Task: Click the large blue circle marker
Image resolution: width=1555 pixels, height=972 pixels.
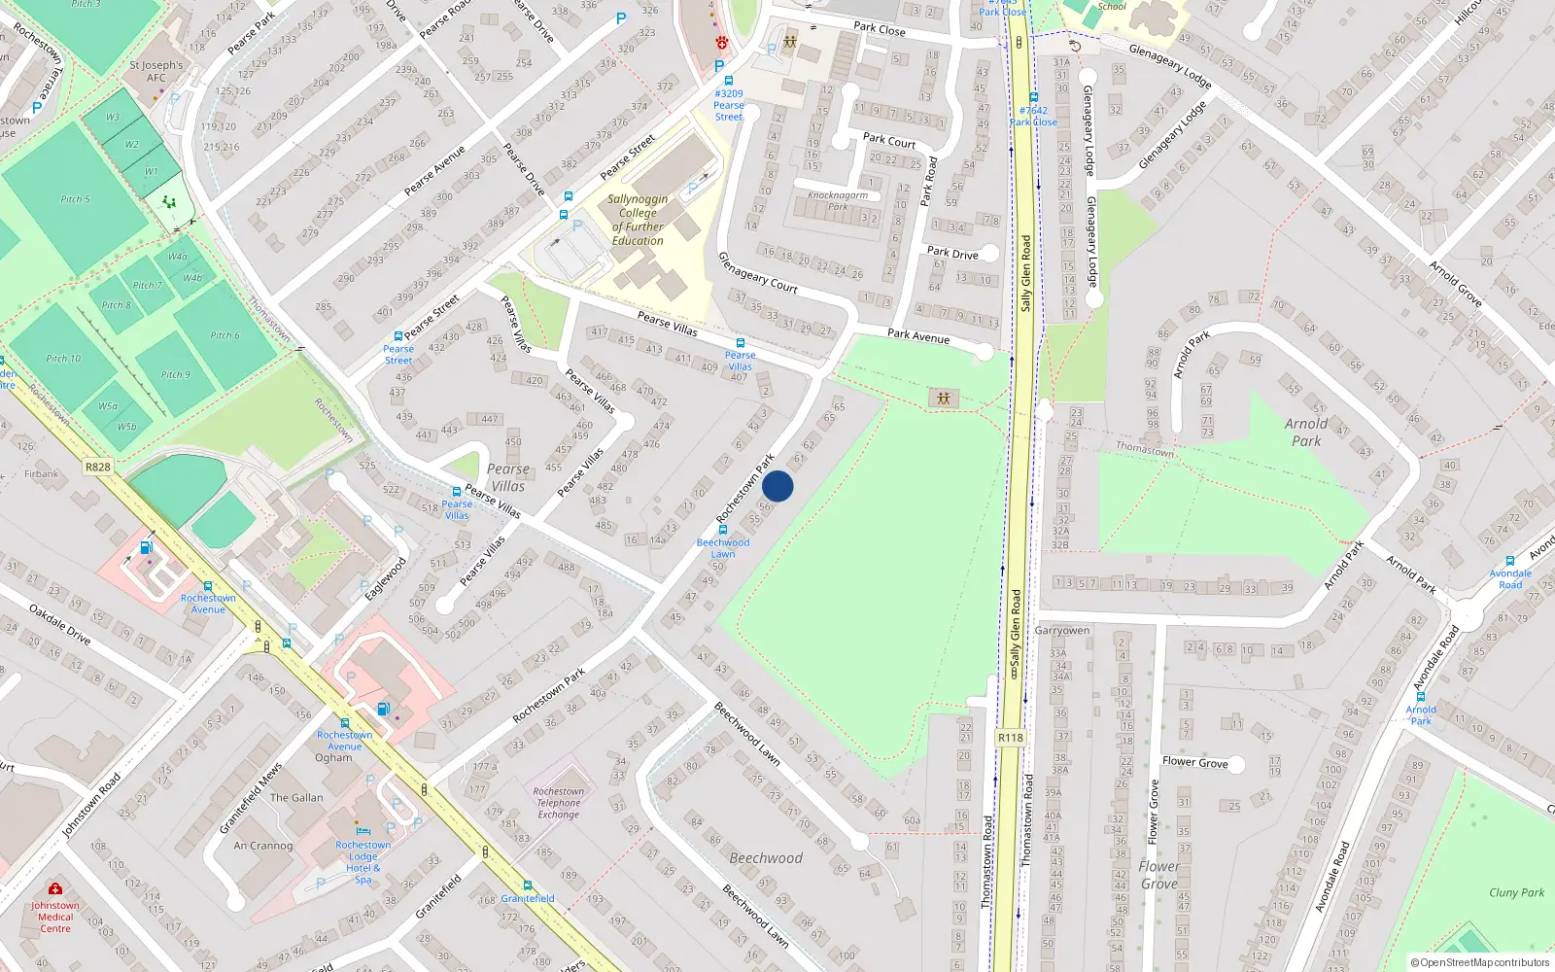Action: click(x=777, y=486)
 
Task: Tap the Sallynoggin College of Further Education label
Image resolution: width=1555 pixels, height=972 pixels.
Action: click(x=638, y=220)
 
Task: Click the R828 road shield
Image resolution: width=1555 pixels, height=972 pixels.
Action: click(x=98, y=467)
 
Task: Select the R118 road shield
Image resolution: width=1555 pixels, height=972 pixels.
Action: click(x=1011, y=737)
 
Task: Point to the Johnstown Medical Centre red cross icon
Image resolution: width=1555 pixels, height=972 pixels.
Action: click(x=55, y=888)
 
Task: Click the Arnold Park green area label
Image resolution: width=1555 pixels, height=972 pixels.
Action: click(x=1306, y=432)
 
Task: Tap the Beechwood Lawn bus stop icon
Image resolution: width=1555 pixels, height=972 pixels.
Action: click(x=723, y=530)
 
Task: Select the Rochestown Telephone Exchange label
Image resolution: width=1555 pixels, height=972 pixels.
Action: click(x=559, y=803)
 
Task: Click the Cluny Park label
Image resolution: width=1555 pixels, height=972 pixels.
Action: click(x=1516, y=892)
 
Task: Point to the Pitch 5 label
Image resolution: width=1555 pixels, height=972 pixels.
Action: click(x=75, y=199)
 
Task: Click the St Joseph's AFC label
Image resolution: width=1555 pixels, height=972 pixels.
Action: click(x=156, y=71)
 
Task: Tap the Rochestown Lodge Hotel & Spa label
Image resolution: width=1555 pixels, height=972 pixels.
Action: click(x=363, y=862)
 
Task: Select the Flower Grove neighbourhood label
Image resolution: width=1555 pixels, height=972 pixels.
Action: click(x=1159, y=875)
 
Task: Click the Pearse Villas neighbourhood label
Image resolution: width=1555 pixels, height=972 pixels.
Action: click(x=508, y=477)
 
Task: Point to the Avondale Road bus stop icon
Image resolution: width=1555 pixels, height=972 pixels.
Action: click(x=1510, y=561)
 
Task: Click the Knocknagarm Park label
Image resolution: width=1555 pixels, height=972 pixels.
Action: click(x=838, y=200)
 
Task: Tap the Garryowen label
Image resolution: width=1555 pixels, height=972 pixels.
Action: click(x=1062, y=631)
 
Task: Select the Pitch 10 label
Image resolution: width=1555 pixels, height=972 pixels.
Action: click(x=64, y=359)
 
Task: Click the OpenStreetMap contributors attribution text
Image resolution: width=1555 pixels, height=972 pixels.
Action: click(x=1480, y=962)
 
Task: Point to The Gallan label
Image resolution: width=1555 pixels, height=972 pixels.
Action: click(x=296, y=798)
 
